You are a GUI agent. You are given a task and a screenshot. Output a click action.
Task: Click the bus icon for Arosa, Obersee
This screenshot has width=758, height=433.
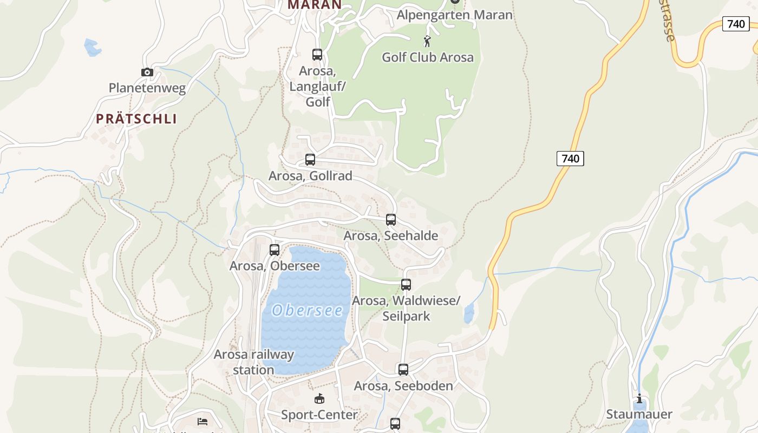pos(275,250)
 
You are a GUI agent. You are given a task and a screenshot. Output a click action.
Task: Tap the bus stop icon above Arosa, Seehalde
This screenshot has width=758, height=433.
pos(391,220)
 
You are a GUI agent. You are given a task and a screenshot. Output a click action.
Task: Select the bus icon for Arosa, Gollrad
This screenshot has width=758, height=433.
pos(310,160)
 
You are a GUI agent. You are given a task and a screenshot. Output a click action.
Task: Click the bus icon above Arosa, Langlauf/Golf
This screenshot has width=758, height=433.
pos(317,55)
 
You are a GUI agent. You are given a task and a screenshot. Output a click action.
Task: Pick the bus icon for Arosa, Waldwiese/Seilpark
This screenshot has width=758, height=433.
pos(406,285)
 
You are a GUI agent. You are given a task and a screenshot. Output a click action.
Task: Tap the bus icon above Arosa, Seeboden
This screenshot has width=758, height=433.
pos(403,370)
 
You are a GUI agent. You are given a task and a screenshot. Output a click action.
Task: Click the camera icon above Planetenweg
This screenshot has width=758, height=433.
pos(147,72)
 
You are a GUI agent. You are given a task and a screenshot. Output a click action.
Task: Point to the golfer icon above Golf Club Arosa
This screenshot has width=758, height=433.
pos(427,41)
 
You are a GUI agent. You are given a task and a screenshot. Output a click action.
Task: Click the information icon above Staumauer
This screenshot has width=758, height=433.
pos(639,399)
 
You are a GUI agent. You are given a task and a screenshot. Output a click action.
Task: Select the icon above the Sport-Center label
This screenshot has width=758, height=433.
pos(319,399)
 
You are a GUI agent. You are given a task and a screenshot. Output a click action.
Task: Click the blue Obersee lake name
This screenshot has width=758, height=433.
pos(308,310)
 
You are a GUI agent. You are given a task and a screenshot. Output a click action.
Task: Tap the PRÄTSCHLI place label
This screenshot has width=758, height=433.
pos(136,119)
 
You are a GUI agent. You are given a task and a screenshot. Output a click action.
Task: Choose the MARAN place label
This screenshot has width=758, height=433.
pos(315,5)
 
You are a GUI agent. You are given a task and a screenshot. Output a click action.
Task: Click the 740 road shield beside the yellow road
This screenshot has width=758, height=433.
pos(570,159)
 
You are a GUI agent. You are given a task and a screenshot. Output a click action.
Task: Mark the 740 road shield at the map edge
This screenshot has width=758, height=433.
pos(736,24)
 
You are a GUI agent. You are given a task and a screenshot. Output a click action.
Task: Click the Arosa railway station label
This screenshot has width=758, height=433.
pos(254,362)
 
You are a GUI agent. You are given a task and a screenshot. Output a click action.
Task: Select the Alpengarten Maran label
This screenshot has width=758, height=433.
pos(454,15)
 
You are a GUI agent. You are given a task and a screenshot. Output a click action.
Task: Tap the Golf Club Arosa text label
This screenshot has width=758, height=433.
pos(428,57)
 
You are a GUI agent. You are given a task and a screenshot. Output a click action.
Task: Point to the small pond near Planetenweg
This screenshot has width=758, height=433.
pos(93,47)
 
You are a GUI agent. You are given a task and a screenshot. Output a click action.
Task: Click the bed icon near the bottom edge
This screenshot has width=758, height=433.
pos(202,421)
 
